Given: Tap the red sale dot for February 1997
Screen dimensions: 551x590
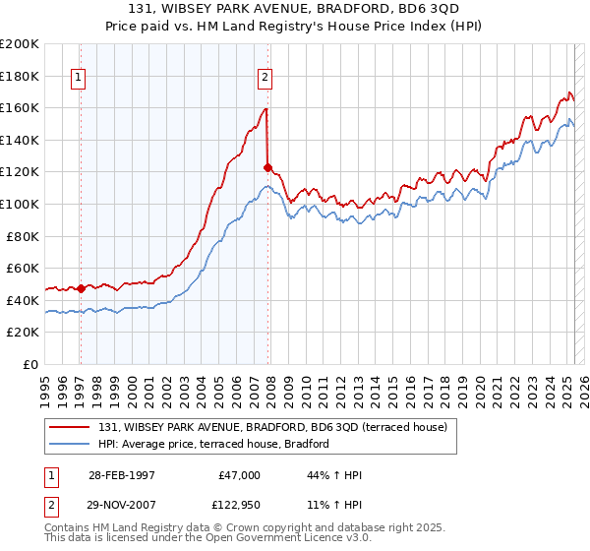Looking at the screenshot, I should click(81, 289).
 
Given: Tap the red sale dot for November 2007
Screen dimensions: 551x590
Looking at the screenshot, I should click(267, 168).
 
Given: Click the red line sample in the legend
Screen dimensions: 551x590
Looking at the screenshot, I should click(70, 427).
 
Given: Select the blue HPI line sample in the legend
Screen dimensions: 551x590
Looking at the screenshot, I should click(70, 445).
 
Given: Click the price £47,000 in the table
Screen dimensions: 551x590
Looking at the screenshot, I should click(239, 475).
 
